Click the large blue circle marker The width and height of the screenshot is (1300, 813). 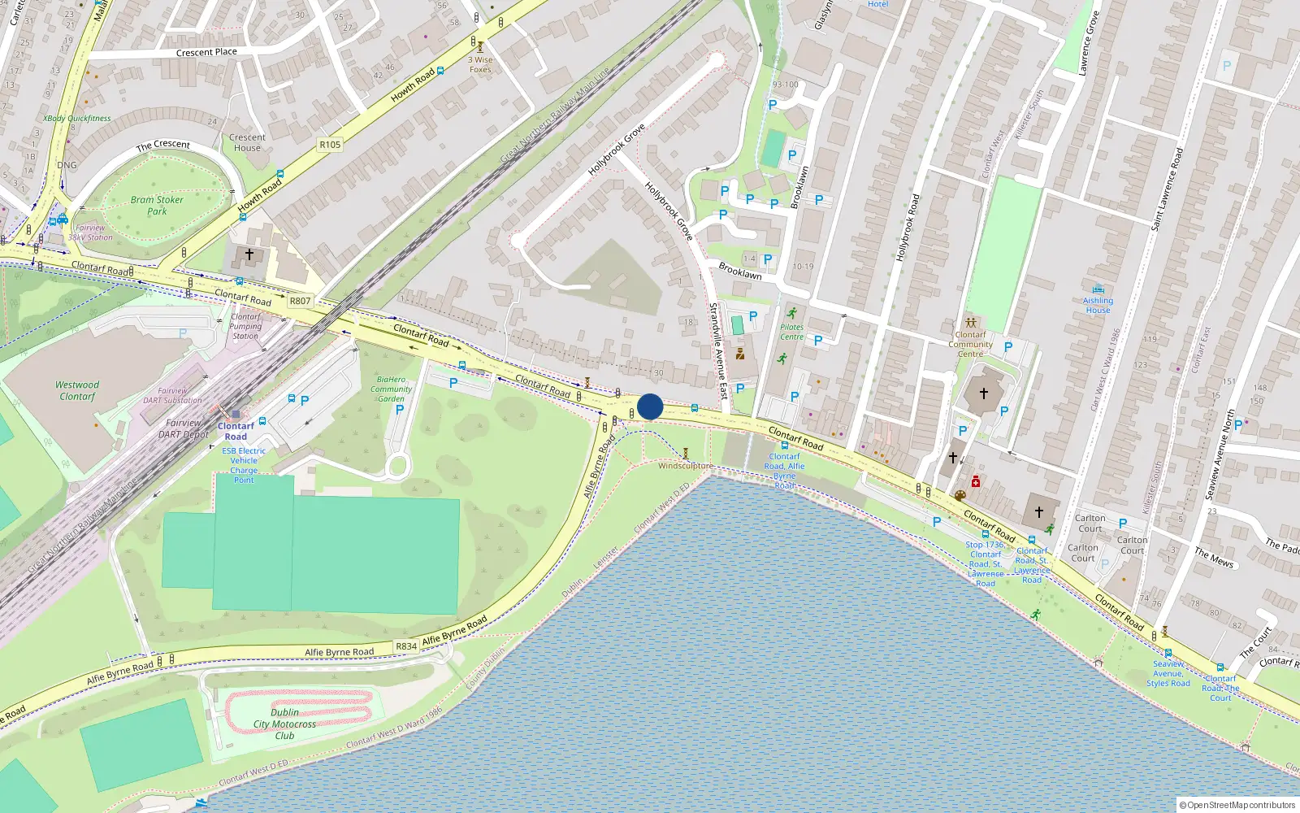650,406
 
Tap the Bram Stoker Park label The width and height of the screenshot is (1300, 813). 157,206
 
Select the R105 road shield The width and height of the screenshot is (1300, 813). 330,145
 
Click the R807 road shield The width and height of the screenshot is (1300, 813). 300,301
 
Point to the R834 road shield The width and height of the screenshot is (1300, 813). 406,646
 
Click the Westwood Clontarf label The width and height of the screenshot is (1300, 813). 77,391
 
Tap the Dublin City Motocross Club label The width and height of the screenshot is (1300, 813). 284,724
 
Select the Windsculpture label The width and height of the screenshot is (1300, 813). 685,466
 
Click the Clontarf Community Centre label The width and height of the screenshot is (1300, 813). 970,345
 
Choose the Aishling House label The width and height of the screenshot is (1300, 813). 1098,305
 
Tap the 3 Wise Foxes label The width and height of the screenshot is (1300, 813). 480,64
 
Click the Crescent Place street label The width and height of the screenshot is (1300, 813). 206,52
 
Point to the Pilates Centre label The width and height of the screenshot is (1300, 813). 791,332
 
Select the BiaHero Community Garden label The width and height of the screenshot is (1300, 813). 391,389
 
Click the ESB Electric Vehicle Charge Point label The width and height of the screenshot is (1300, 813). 244,465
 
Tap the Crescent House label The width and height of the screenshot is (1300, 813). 247,142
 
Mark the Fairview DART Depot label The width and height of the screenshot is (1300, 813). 184,428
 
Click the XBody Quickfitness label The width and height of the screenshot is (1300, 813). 77,118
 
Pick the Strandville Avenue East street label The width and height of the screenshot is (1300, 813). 718,350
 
